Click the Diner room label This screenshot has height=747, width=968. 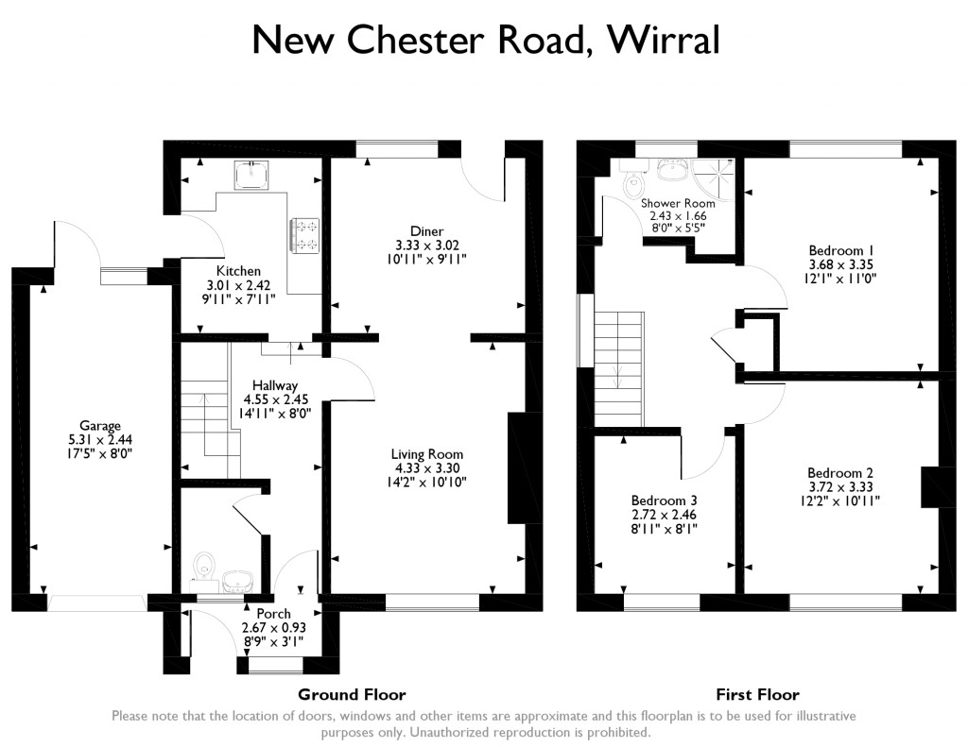point(426,231)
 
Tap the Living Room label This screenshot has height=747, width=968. point(429,454)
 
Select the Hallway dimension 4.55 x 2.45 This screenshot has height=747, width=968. point(275,399)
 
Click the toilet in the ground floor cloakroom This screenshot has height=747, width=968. point(201,567)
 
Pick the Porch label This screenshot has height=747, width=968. point(274,614)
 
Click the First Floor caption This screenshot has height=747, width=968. point(757,694)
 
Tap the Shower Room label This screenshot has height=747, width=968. point(678,203)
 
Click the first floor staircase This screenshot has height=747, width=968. point(618,368)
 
